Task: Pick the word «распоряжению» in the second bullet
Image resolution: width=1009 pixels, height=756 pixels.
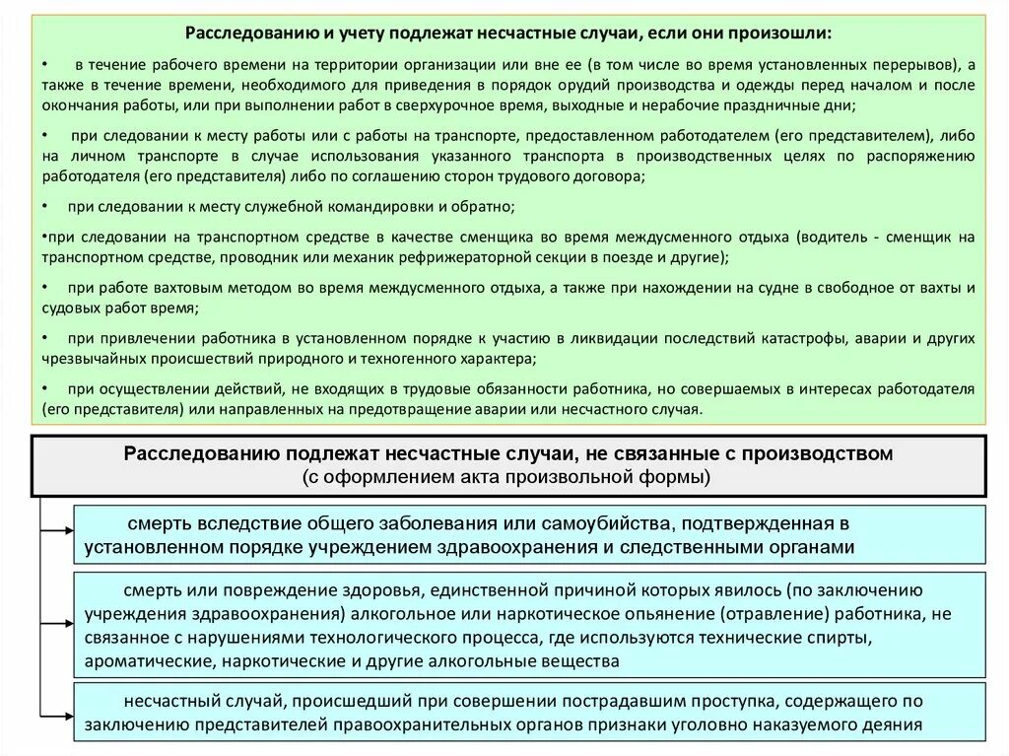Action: [x=929, y=157]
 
